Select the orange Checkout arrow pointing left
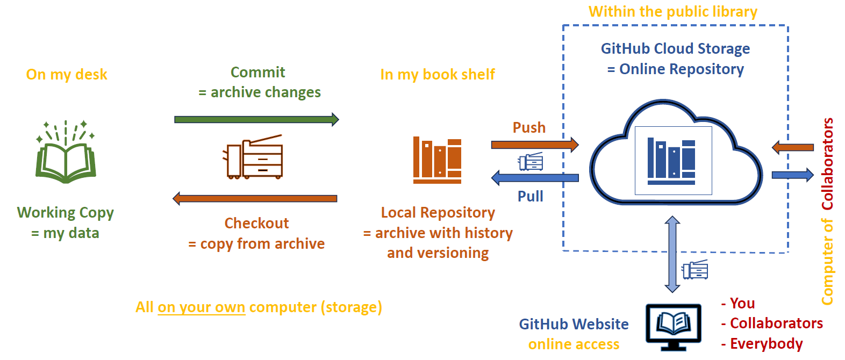255,198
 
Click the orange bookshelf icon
437,160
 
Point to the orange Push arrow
534,144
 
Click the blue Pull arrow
534,177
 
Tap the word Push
529,128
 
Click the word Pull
530,196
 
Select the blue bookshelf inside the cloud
672,160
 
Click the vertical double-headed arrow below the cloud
672,254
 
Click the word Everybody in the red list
766,343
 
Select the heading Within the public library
672,12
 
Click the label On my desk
67,74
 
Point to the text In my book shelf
437,74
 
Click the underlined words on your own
201,307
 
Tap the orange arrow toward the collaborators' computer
793,147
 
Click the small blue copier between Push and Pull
531,161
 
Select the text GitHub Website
574,324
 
